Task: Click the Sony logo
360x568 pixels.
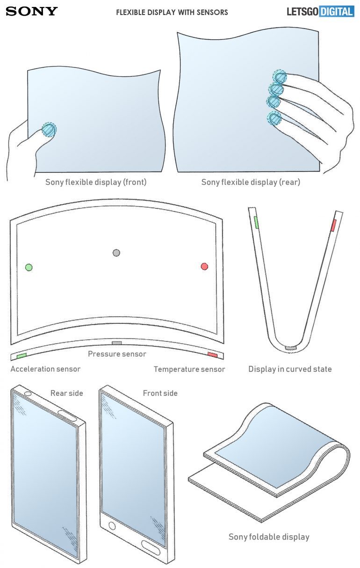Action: click(32, 12)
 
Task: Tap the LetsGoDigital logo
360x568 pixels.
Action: click(320, 12)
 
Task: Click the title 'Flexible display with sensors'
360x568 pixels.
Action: click(172, 13)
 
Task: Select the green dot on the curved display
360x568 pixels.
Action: click(29, 267)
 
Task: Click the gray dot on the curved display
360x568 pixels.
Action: click(116, 253)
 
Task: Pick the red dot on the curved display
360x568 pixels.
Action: click(204, 266)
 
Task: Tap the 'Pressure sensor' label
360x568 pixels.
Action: click(117, 354)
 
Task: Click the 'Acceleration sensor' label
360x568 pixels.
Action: click(45, 369)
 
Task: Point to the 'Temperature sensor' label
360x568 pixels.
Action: click(189, 370)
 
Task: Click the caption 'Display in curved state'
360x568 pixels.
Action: click(290, 369)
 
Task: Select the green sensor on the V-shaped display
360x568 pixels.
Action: click(257, 222)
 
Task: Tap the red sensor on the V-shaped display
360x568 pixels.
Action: click(333, 225)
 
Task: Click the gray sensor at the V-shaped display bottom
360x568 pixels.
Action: click(291, 348)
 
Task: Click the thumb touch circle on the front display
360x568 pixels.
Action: click(49, 130)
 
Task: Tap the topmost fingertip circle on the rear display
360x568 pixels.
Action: click(280, 76)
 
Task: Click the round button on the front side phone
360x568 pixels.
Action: click(112, 525)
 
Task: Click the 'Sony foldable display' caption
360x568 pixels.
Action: click(269, 537)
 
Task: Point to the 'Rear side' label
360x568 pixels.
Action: click(66, 393)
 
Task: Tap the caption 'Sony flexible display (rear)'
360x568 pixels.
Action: click(251, 182)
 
